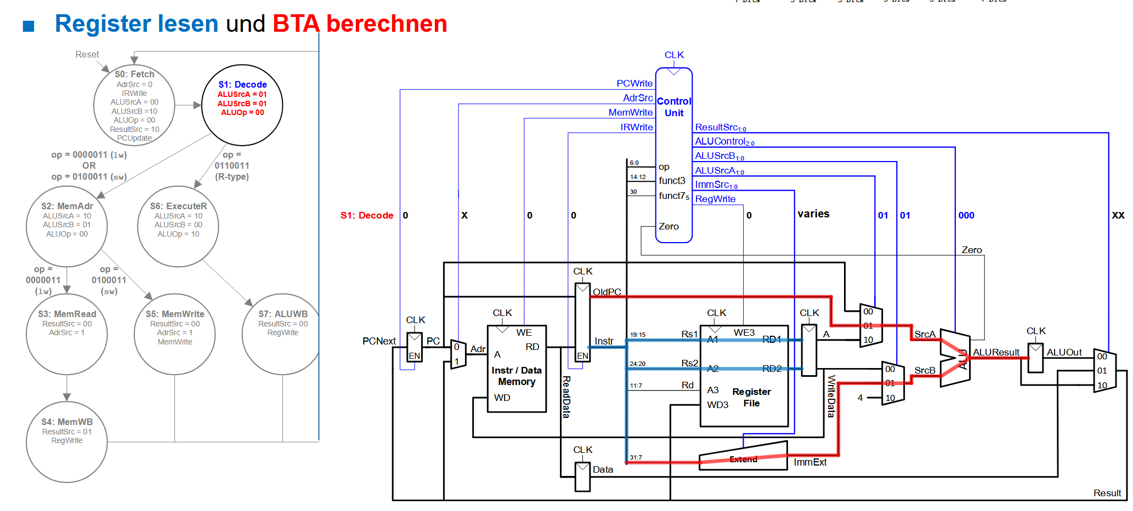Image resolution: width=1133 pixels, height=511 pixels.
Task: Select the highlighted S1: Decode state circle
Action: click(x=242, y=105)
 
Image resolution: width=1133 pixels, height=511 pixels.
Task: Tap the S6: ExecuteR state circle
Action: click(x=178, y=226)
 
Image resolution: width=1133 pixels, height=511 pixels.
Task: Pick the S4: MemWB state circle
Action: click(x=67, y=442)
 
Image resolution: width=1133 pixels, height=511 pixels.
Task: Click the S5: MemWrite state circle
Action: click(x=175, y=334)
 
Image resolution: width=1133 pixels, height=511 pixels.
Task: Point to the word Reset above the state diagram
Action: click(x=87, y=54)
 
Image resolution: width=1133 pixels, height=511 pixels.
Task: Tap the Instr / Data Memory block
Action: click(x=517, y=368)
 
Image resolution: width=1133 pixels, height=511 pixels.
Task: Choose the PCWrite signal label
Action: click(x=635, y=83)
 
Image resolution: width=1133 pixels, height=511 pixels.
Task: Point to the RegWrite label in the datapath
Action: click(x=715, y=199)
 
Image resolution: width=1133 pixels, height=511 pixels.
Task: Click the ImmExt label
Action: click(x=810, y=462)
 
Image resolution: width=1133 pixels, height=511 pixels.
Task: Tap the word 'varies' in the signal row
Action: click(x=813, y=214)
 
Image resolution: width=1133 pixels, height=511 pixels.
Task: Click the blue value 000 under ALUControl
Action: click(x=966, y=215)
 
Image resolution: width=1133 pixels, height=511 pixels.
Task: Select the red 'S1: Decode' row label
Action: click(x=367, y=215)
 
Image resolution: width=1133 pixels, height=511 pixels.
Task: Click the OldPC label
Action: click(x=607, y=292)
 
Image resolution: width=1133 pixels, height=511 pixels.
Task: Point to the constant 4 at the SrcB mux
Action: click(x=860, y=398)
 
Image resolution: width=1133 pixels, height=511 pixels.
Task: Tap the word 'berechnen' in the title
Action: click(x=387, y=24)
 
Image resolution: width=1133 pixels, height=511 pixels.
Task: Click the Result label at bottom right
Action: click(x=1107, y=493)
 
